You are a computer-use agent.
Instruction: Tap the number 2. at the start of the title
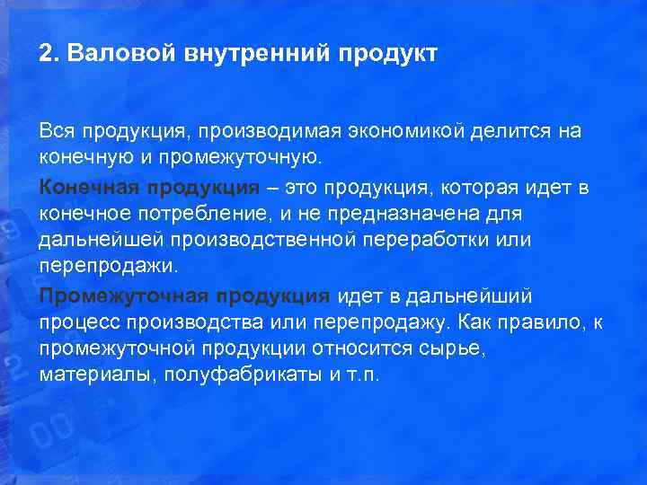click(x=49, y=53)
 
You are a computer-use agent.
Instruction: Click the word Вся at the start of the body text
click(x=58, y=131)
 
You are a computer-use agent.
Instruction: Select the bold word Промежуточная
click(x=109, y=296)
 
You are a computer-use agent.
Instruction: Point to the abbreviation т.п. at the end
click(x=362, y=375)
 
